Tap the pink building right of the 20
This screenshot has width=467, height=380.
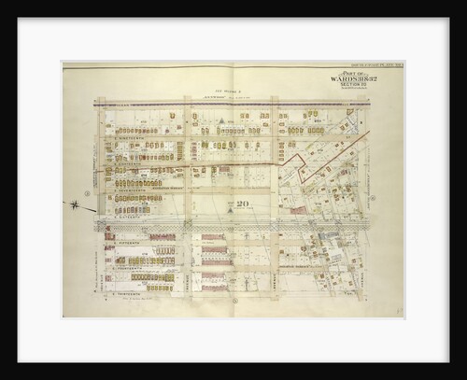(296, 211)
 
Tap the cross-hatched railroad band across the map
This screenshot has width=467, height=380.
(233, 225)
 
